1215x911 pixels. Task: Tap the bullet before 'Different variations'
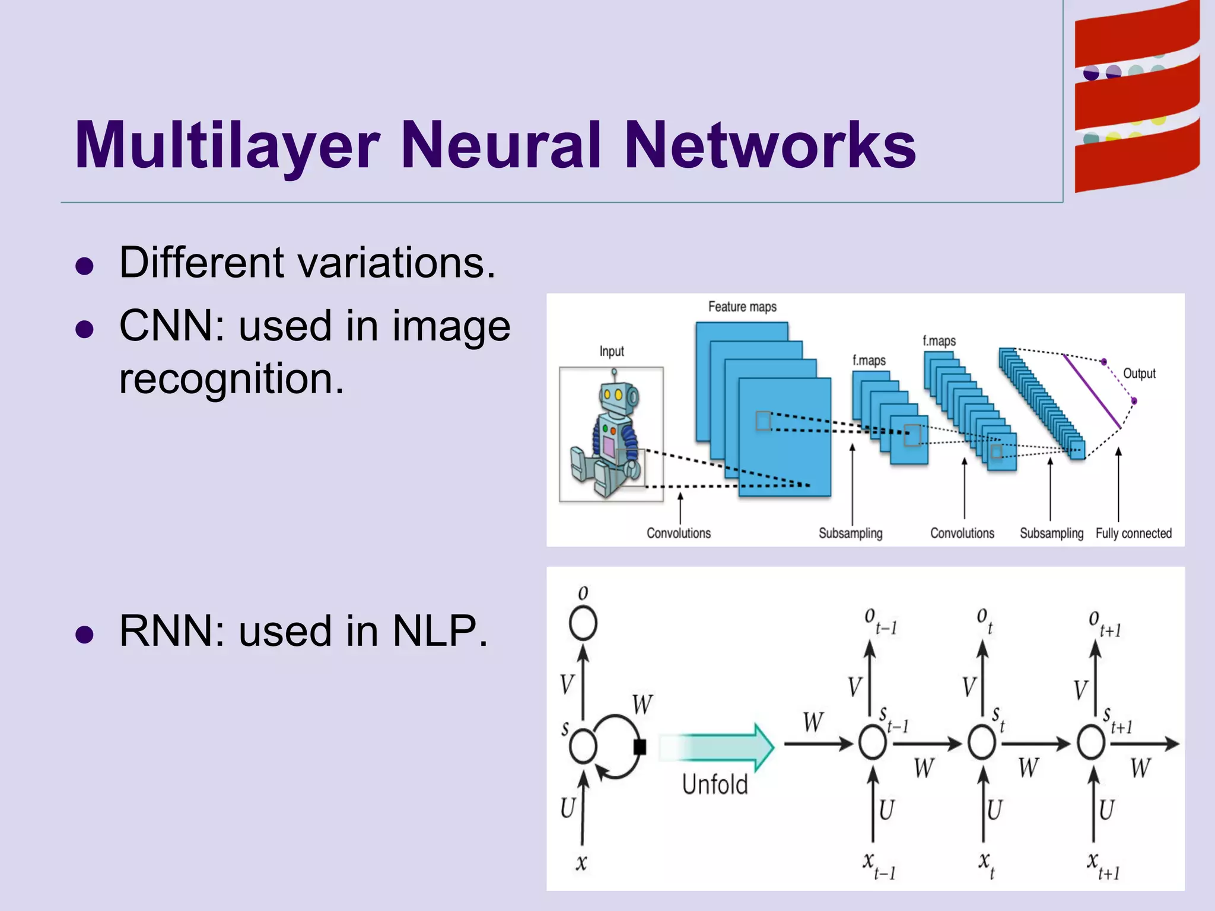pyautogui.click(x=85, y=266)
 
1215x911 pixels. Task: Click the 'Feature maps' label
pyautogui.click(x=742, y=307)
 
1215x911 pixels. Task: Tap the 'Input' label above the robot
pyautogui.click(x=611, y=351)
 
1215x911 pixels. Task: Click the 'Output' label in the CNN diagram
pyautogui.click(x=1139, y=374)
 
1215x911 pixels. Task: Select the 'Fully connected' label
pyautogui.click(x=1133, y=533)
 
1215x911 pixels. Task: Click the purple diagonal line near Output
pyautogui.click(x=1092, y=391)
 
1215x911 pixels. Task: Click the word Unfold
pyautogui.click(x=715, y=785)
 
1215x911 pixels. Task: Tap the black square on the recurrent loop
pyautogui.click(x=640, y=747)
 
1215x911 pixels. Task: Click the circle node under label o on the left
pyautogui.click(x=583, y=623)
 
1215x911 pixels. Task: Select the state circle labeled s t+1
pyautogui.click(x=1091, y=743)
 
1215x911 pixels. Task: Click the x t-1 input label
pyautogui.click(x=878, y=865)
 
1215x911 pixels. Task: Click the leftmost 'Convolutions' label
pyautogui.click(x=678, y=533)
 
